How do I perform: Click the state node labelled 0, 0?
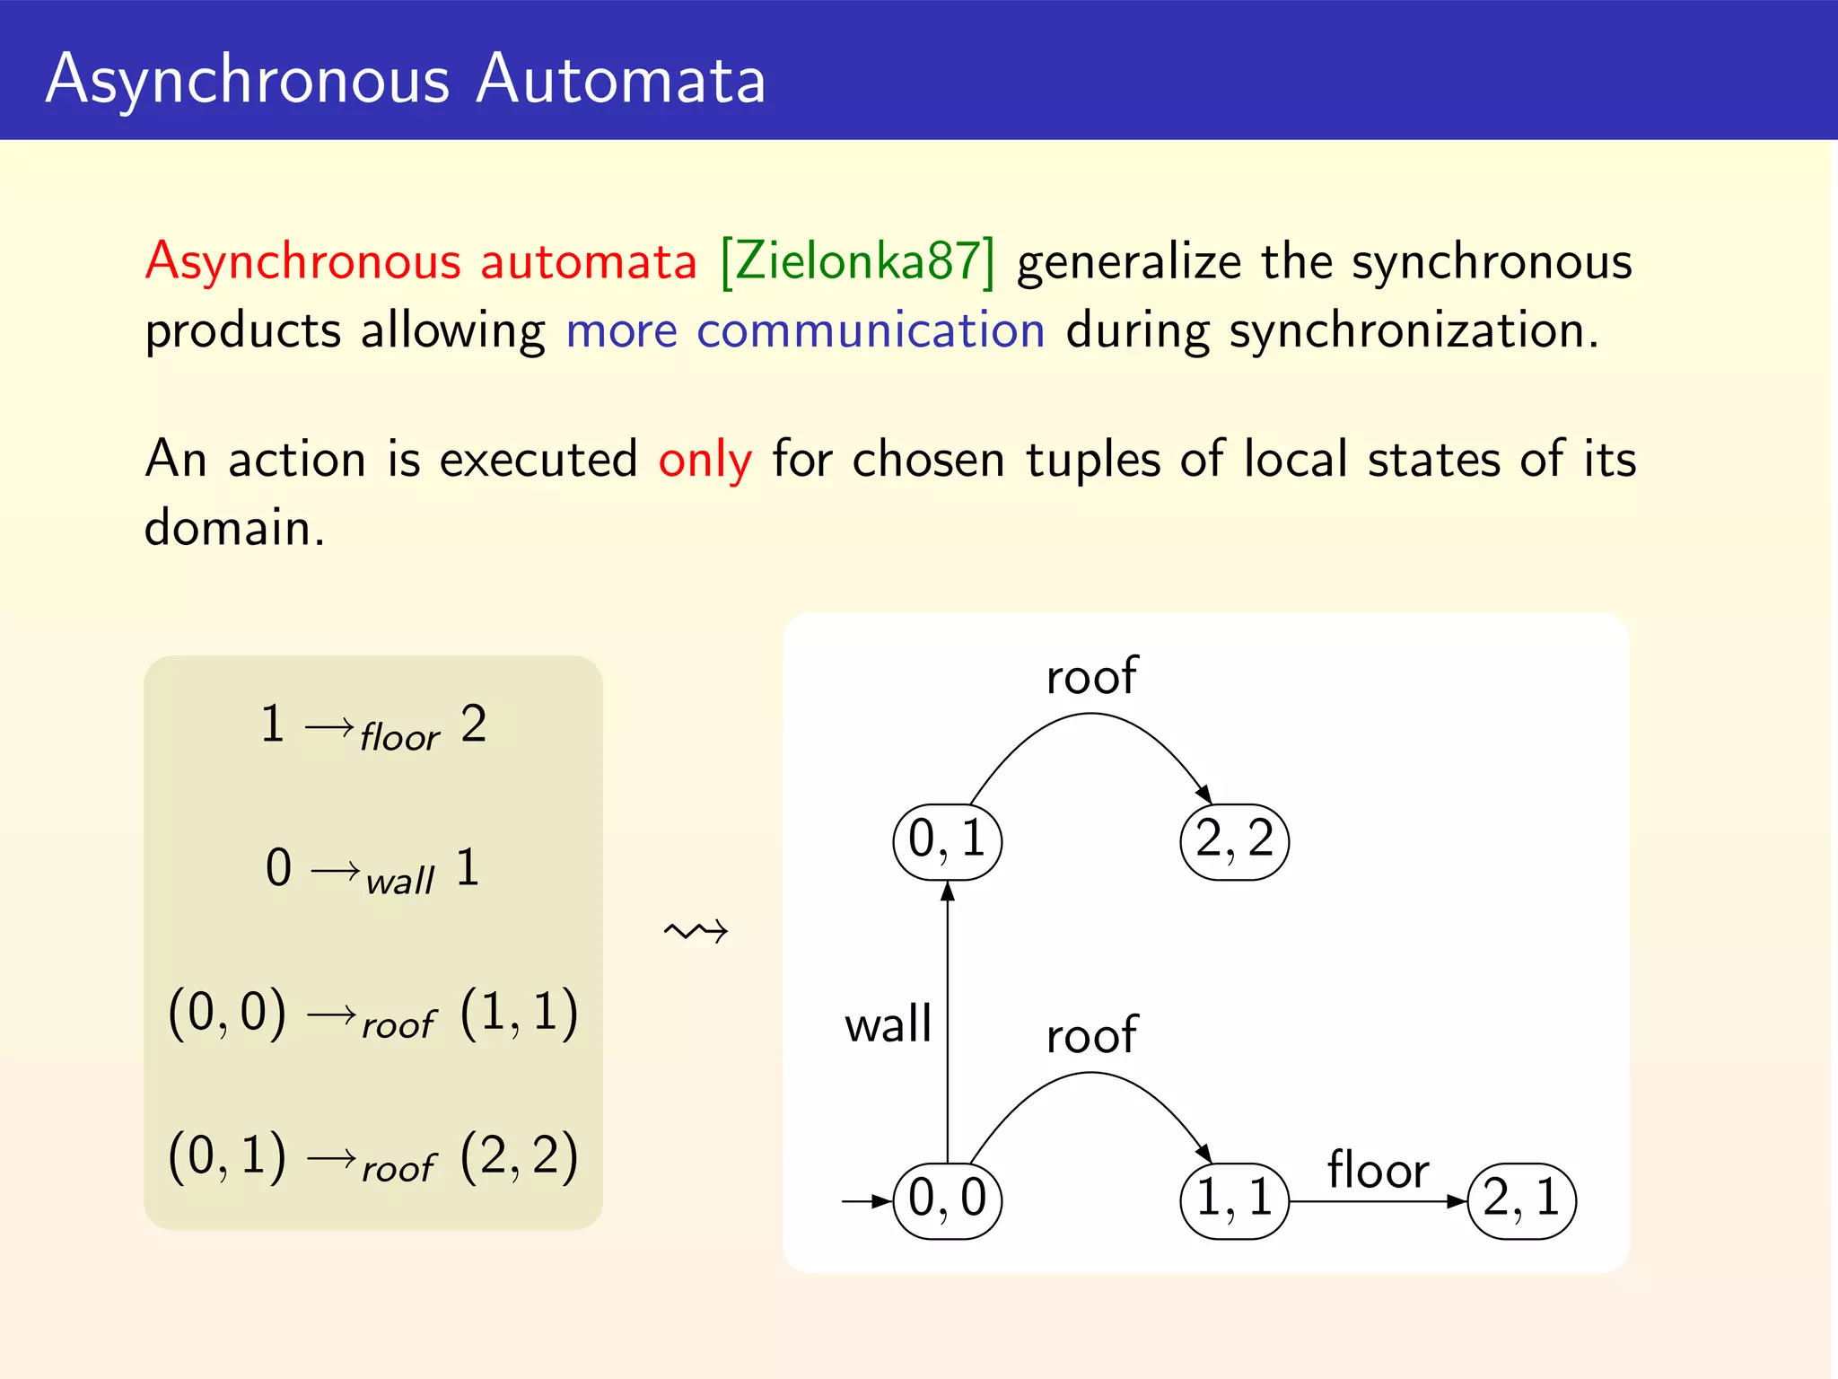[947, 1200]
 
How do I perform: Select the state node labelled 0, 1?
[947, 841]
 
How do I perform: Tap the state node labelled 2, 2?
[1234, 841]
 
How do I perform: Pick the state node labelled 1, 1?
[1234, 1200]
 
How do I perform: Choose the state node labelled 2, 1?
[1521, 1200]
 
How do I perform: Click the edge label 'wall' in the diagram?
[888, 1024]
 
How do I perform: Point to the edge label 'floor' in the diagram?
[1378, 1170]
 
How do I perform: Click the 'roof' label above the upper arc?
[1091, 676]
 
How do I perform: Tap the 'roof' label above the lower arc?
[1091, 1035]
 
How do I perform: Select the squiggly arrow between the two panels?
[696, 931]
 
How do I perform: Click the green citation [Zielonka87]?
[858, 262]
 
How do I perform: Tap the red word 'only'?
[705, 461]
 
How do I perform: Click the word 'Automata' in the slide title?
[620, 79]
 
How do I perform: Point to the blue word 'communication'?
[871, 330]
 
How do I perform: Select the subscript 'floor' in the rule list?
[399, 738]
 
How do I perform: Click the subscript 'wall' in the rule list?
[400, 882]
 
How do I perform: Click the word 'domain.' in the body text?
[234, 528]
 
